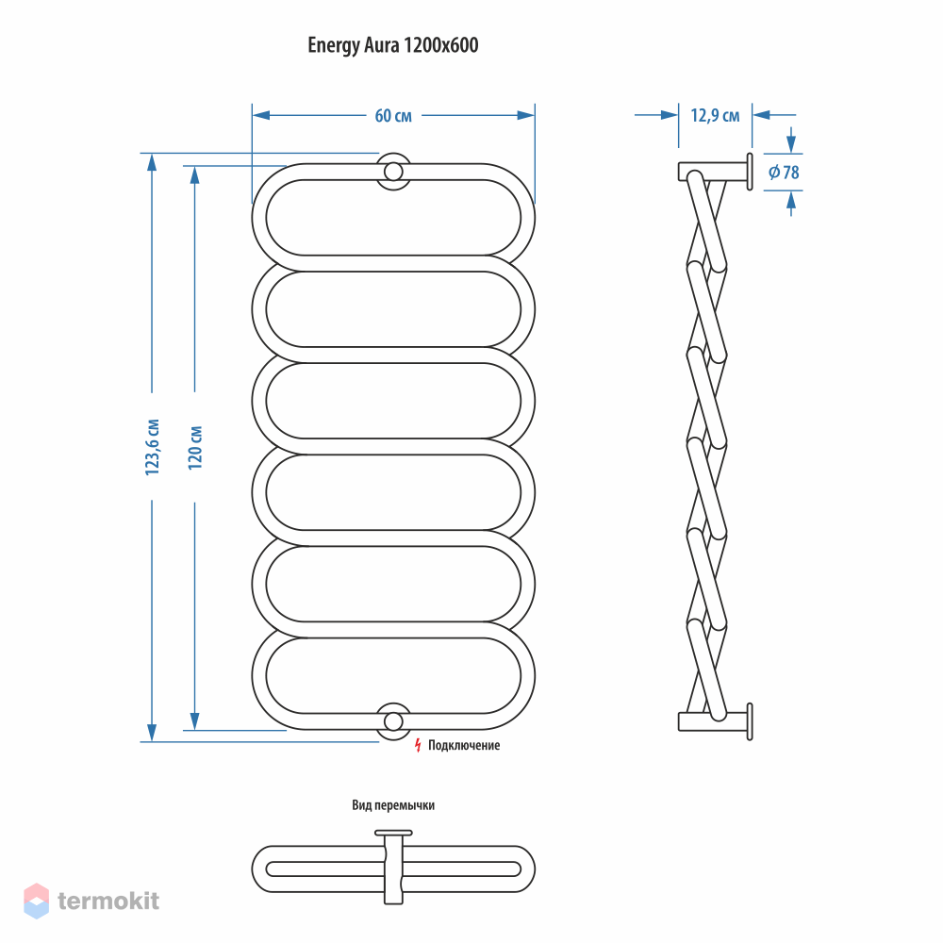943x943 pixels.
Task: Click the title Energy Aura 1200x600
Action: pos(392,45)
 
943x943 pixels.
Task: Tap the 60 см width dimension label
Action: pos(393,115)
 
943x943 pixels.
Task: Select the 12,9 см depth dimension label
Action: pos(715,115)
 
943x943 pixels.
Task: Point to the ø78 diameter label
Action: pos(784,173)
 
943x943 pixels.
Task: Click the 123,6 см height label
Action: pos(153,447)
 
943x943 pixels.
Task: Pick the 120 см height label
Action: pos(195,448)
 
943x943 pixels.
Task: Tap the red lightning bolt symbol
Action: pos(418,745)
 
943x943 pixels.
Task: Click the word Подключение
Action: pos(464,745)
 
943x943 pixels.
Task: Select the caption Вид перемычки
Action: pos(393,804)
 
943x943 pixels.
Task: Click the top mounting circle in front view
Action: pos(393,172)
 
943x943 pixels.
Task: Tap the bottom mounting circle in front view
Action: pos(393,721)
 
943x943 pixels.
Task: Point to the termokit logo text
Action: pos(108,901)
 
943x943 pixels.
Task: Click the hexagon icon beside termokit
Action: pos(36,901)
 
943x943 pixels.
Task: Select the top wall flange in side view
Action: pos(750,172)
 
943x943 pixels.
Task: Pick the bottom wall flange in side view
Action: pos(750,721)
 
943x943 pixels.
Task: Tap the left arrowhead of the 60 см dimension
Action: pos(261,115)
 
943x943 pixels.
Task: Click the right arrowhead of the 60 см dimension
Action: pos(525,115)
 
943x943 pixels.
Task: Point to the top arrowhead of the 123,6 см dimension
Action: pos(152,163)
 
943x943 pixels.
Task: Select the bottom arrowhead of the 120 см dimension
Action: pos(195,721)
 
